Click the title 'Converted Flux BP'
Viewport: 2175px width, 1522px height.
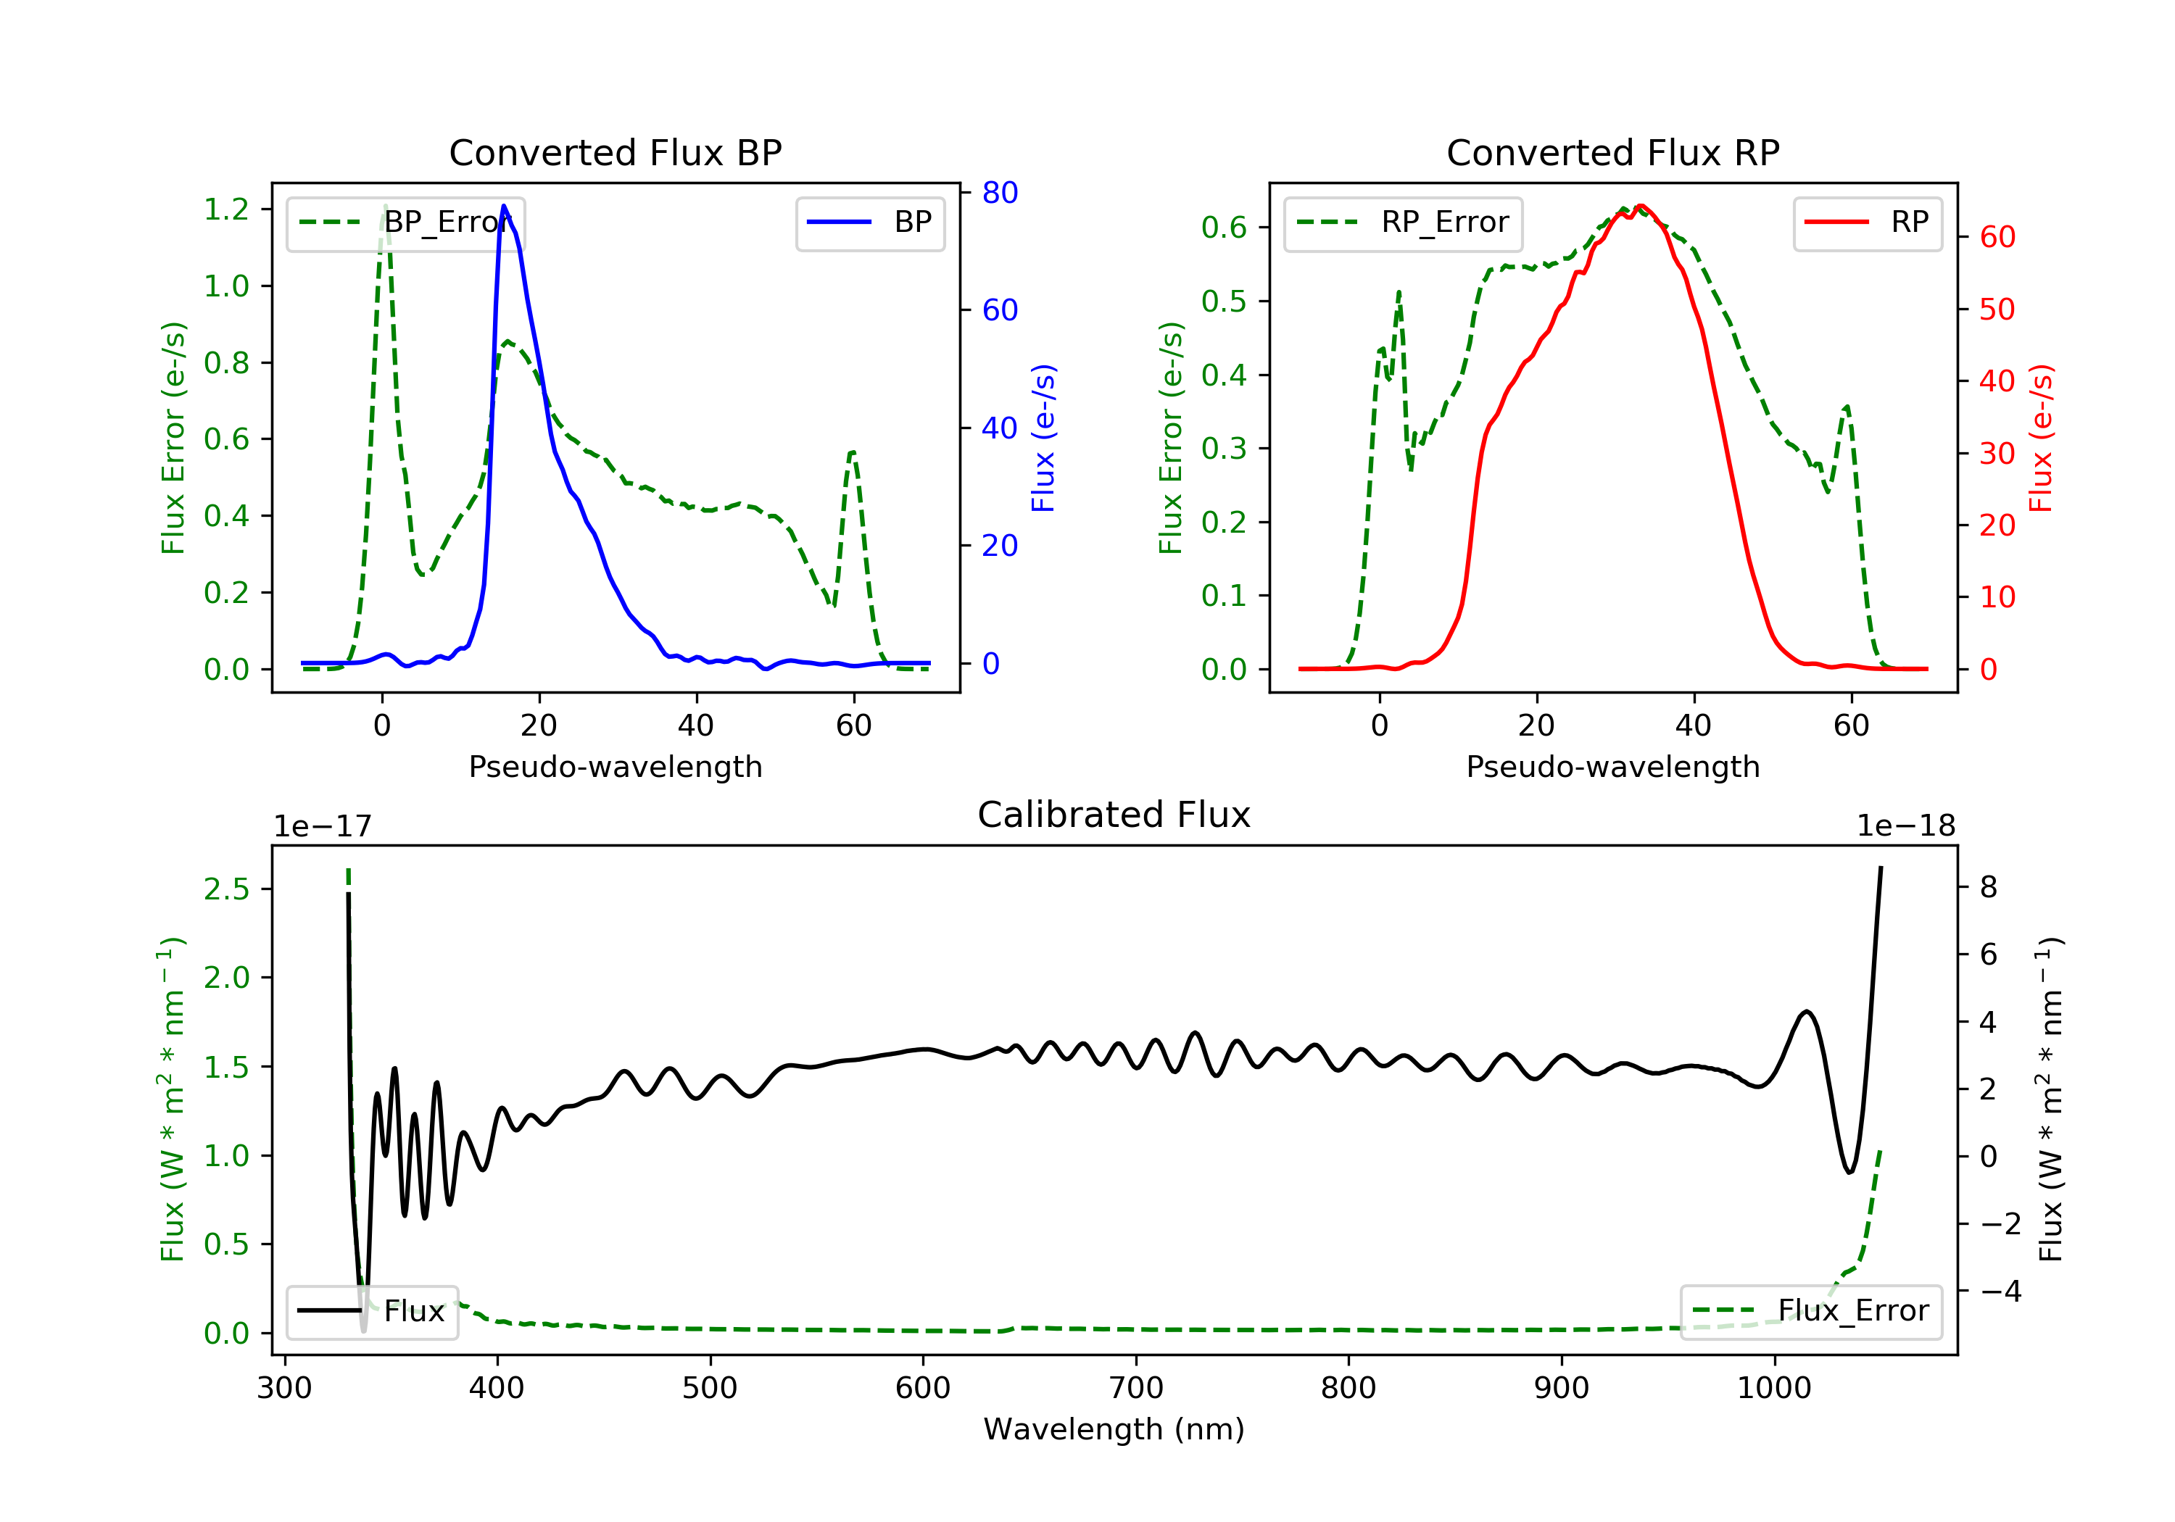tap(616, 152)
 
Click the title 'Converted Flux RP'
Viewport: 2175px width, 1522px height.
tap(1613, 152)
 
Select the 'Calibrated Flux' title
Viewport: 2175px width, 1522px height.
tap(1114, 815)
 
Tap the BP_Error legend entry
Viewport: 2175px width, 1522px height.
tap(405, 223)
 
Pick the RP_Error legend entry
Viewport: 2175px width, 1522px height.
tap(1403, 223)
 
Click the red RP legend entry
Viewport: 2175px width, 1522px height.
tap(1867, 223)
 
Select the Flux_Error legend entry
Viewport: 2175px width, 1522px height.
tap(1811, 1311)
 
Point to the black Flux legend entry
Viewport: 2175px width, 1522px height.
tap(373, 1311)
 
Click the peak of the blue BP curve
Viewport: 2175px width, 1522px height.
tap(503, 206)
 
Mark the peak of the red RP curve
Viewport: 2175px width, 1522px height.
tap(1641, 206)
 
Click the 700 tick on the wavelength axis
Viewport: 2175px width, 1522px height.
tap(1136, 1389)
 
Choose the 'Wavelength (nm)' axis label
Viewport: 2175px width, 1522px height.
tap(1114, 1429)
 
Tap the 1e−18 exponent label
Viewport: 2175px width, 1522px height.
tap(1906, 826)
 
